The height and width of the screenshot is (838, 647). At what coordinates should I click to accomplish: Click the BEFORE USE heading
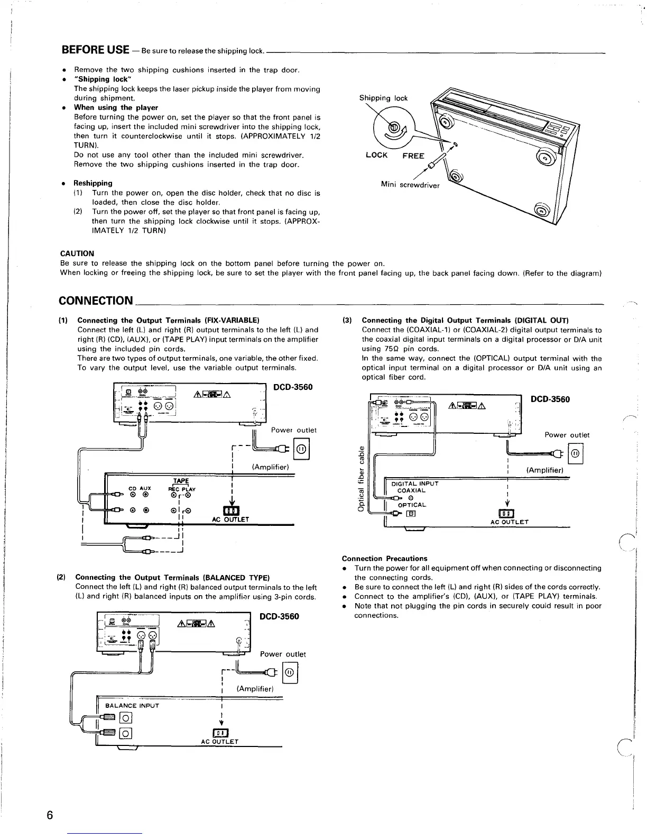(96, 50)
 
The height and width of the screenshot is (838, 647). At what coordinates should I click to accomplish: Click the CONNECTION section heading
(96, 301)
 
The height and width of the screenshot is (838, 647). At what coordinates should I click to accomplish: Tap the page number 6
(49, 815)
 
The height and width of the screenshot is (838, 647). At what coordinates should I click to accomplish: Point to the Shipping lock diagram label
(383, 98)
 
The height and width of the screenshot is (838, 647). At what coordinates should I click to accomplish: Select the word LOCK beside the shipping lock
(376, 155)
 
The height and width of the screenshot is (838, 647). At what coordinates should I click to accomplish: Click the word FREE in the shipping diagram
(413, 156)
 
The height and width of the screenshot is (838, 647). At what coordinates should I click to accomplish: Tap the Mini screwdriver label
(410, 185)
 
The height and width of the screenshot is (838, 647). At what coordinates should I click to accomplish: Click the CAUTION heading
(77, 253)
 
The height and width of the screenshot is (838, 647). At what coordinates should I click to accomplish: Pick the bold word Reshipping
(93, 183)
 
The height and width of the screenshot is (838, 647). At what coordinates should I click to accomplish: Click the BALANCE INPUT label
(132, 706)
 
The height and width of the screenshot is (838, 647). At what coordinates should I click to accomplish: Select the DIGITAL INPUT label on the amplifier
(414, 483)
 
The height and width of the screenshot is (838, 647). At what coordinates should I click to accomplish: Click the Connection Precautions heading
(384, 558)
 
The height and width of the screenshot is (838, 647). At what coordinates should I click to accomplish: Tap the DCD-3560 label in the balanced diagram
(279, 616)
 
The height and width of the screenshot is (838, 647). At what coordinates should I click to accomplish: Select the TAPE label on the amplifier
(181, 481)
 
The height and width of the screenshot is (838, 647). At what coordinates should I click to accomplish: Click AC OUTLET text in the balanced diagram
(219, 742)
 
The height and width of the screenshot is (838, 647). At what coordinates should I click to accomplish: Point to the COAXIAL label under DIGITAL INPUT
(411, 490)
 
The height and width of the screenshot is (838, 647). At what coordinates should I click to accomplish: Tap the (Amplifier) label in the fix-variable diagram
(270, 467)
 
